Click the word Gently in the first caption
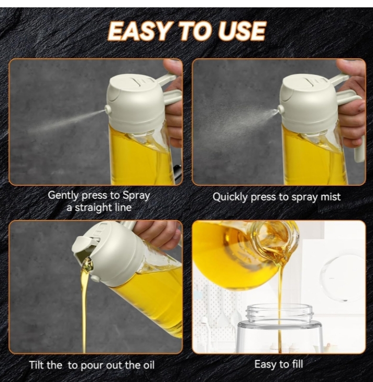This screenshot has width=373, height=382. coord(63,195)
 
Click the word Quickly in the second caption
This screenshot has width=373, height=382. coord(231,197)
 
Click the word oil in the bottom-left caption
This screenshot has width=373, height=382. coord(148,365)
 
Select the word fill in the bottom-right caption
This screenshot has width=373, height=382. coord(297,364)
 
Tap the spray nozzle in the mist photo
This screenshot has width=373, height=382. coord(281,109)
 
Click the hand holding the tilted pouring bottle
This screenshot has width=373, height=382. coord(158,231)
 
